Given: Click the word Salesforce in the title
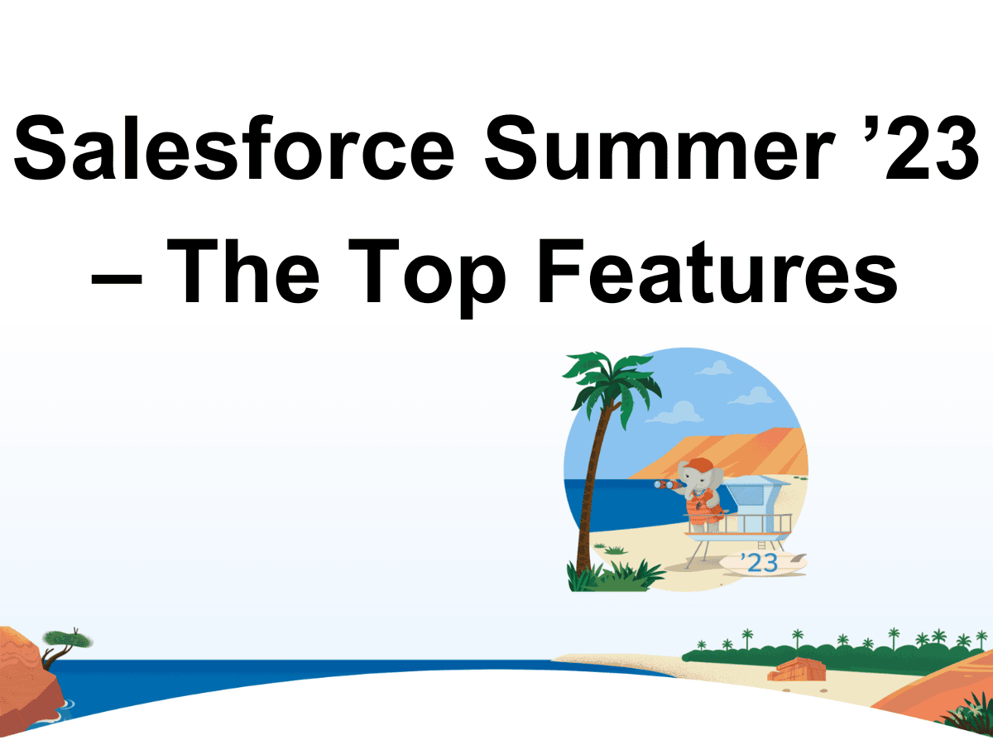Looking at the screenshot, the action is (234, 147).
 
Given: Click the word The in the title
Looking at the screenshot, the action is (243, 271).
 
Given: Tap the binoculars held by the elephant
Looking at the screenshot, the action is (667, 484).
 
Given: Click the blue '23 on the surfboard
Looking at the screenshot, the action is (760, 562).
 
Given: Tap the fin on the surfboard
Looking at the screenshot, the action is (799, 557).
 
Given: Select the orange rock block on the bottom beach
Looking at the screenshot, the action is (797, 670).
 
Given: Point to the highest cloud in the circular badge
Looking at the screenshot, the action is (714, 368).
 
